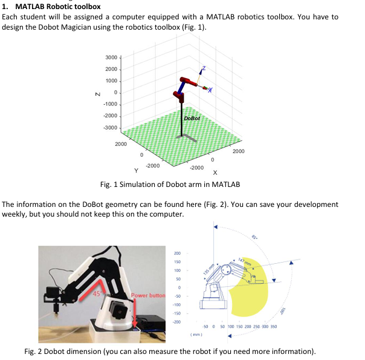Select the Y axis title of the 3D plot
point(139,170)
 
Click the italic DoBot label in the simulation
point(192,119)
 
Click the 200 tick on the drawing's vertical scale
point(177,253)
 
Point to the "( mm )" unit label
point(195,333)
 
